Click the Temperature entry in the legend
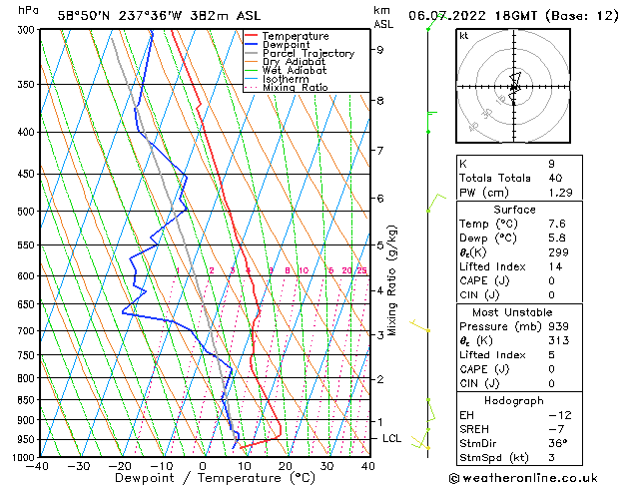[296, 36]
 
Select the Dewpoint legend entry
[288, 45]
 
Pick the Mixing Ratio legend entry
[296, 88]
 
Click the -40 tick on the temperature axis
[38, 466]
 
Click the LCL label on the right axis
[391, 438]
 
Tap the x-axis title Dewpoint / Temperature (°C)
[203, 478]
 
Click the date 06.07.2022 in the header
[448, 15]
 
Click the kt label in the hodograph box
[464, 35]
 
